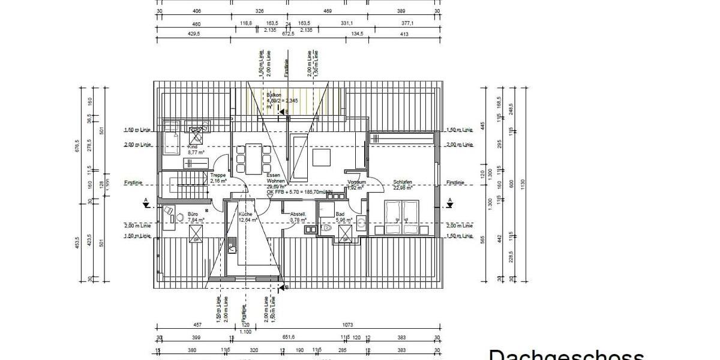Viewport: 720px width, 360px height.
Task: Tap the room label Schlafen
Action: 403,182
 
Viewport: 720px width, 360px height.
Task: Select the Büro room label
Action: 193,214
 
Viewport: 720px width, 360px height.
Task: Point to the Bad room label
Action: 340,214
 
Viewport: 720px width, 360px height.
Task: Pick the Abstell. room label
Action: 298,214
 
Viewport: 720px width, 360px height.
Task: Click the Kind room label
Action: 193,146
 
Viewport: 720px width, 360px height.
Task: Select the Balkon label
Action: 274,95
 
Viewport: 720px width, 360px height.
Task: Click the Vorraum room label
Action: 356,182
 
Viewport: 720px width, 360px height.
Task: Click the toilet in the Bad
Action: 328,229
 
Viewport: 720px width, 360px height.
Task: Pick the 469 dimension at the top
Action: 327,11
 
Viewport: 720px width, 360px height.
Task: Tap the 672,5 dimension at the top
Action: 289,34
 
